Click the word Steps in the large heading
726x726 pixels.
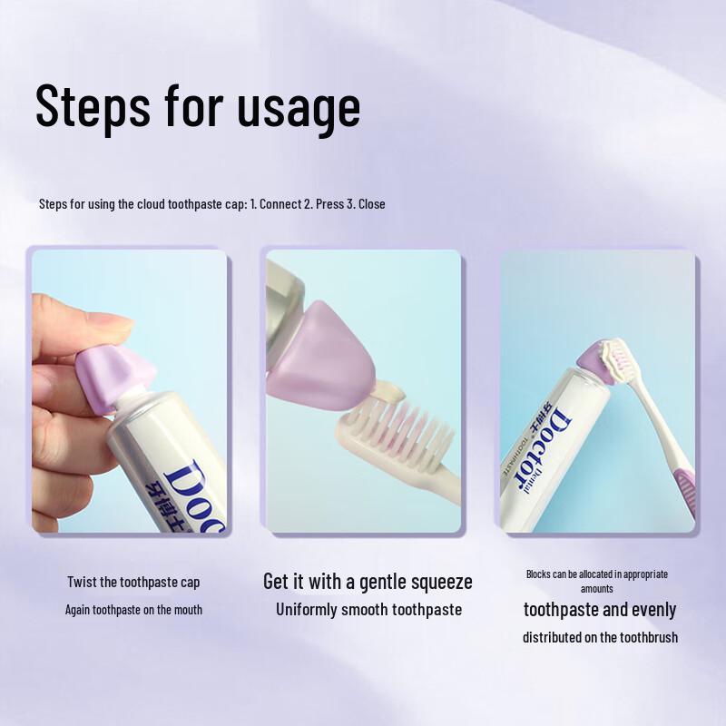pos(93,107)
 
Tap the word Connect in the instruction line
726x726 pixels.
pos(280,204)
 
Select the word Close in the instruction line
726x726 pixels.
pos(371,204)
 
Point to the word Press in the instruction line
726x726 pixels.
pos(329,204)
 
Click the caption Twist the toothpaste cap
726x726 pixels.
pos(133,582)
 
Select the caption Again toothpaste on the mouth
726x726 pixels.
pos(133,610)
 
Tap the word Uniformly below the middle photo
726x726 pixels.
pos(306,610)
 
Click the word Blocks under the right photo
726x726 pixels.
pos(541,574)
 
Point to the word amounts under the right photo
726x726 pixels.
pos(597,589)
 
